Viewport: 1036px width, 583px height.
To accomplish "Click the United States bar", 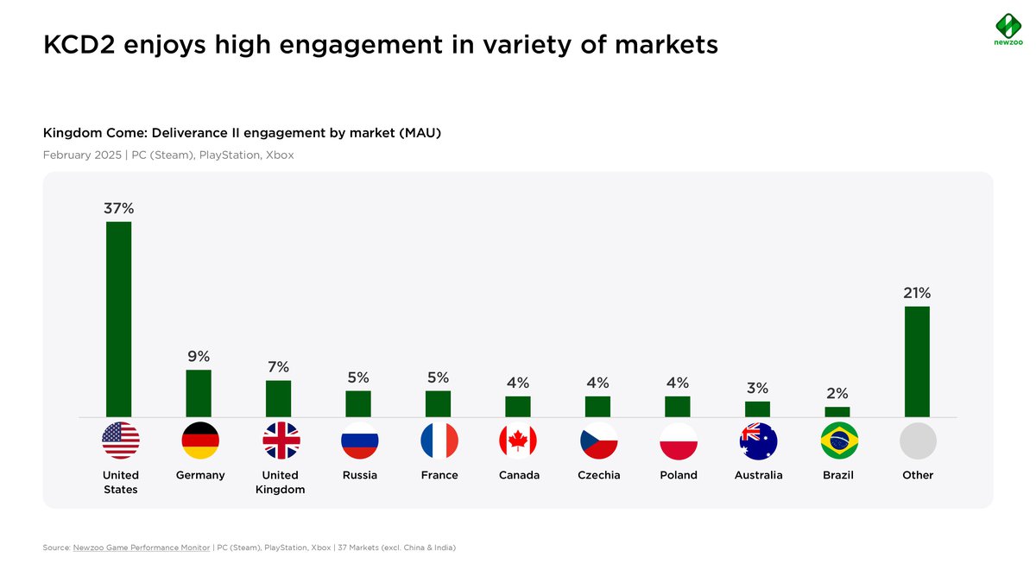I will pyautogui.click(x=119, y=319).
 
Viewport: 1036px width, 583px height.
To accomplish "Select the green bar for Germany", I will pyautogui.click(x=199, y=393).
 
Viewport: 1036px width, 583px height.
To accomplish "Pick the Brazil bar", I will pyautogui.click(x=837, y=412).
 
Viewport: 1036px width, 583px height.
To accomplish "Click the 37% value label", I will pyautogui.click(x=119, y=208).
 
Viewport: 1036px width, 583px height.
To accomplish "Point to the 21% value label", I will pyautogui.click(x=917, y=293).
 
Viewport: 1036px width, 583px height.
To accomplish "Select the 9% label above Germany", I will pyautogui.click(x=199, y=357).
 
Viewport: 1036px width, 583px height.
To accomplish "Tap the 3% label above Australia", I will pyautogui.click(x=757, y=389).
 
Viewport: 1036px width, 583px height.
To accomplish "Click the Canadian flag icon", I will pyautogui.click(x=518, y=441).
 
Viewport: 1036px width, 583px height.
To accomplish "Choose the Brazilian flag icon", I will pyautogui.click(x=839, y=441).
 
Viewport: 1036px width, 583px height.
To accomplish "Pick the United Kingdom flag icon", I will pyautogui.click(x=281, y=441).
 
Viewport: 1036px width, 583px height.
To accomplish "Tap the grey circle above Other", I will pyautogui.click(x=918, y=441).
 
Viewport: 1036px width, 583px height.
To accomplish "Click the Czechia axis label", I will pyautogui.click(x=599, y=475).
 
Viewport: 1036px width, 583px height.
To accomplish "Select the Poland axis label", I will pyautogui.click(x=679, y=475).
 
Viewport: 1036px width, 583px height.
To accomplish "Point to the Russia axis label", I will pyautogui.click(x=360, y=475).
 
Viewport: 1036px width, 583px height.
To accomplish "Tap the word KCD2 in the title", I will pyautogui.click(x=79, y=44).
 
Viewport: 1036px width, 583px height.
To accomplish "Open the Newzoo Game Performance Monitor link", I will pyautogui.click(x=142, y=548).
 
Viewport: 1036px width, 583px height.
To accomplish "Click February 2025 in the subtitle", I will pyautogui.click(x=83, y=155).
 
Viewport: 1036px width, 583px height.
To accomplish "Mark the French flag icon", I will pyautogui.click(x=439, y=441).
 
